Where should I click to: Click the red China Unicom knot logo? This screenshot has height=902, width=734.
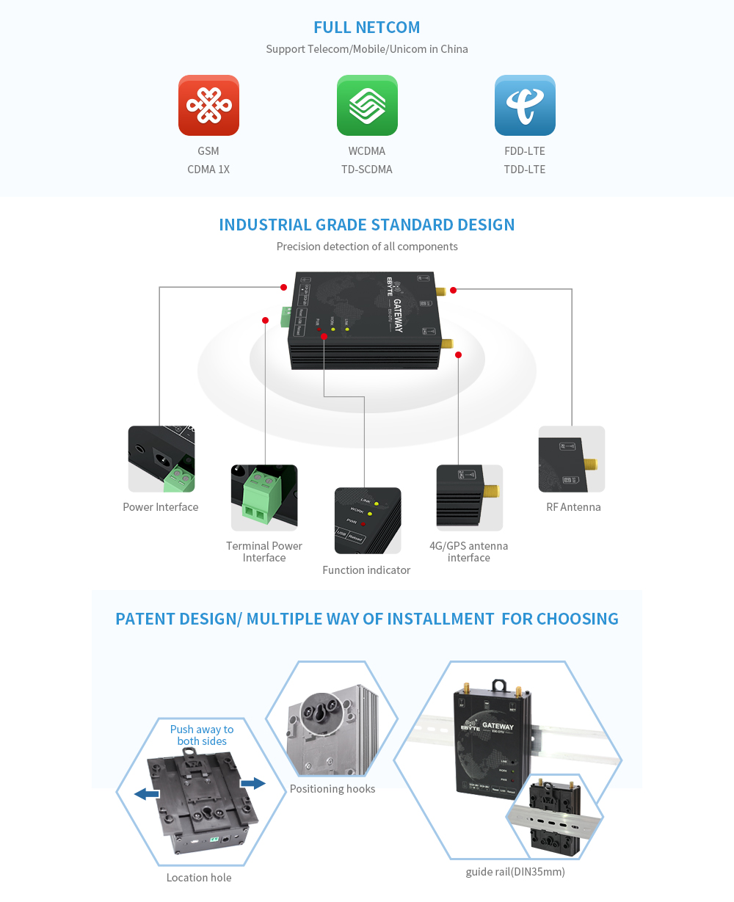[208, 105]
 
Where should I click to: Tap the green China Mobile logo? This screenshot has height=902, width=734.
[367, 105]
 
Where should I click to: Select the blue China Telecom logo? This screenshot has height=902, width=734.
[525, 105]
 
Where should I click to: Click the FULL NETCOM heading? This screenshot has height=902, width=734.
[367, 28]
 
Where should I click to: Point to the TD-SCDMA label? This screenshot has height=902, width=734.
[367, 170]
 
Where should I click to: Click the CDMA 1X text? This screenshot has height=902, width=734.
[208, 170]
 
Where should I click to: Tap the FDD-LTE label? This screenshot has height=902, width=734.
[525, 151]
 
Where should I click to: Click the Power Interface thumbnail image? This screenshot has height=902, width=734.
[161, 459]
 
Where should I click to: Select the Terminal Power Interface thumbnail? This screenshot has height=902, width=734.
[264, 497]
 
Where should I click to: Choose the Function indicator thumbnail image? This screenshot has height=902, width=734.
[368, 520]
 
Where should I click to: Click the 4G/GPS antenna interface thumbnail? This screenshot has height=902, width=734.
[470, 497]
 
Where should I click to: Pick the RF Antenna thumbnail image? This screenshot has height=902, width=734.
[572, 459]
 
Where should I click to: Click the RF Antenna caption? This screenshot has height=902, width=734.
[573, 507]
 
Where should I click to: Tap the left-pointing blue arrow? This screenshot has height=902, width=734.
[147, 793]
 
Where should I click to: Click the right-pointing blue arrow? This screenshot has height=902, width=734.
[253, 784]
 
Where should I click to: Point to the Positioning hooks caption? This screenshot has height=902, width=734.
[333, 789]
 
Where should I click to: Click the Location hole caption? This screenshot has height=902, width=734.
[199, 878]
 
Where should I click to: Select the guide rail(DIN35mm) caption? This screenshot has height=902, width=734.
[515, 872]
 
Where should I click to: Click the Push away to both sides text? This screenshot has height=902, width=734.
[202, 735]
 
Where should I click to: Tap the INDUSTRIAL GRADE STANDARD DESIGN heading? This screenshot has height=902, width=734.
[367, 225]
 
